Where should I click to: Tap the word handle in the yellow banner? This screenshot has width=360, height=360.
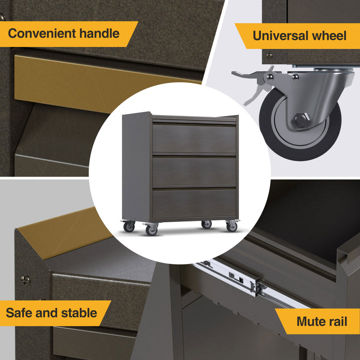[100, 34]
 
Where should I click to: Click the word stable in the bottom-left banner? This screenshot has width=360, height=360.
[79, 313]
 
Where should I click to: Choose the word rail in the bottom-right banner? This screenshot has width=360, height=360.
[338, 321]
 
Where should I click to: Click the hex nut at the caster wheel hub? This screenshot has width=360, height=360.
[300, 120]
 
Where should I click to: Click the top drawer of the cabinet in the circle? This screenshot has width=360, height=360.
[194, 138]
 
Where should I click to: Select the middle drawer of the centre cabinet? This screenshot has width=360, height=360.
[194, 170]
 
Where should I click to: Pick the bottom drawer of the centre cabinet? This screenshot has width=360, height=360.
[194, 203]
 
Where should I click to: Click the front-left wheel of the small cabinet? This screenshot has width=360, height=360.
[151, 229]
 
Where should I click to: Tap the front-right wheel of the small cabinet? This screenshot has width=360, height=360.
[231, 226]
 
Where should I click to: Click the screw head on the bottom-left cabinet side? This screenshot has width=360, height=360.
[25, 280]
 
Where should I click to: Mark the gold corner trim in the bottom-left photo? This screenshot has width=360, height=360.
[60, 235]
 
